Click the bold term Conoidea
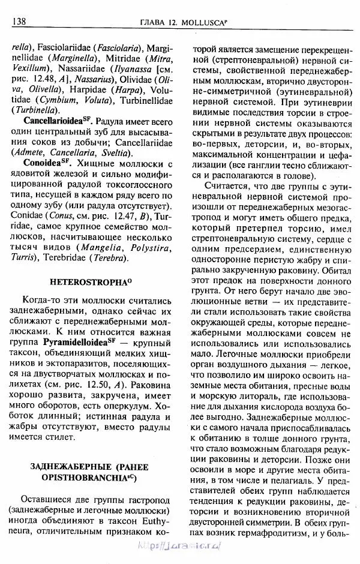pos(43,163)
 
